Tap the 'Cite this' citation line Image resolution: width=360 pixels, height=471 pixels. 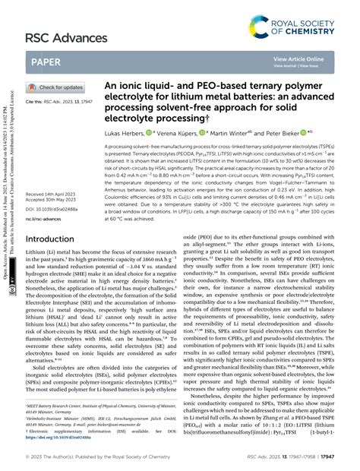tap(55, 100)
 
